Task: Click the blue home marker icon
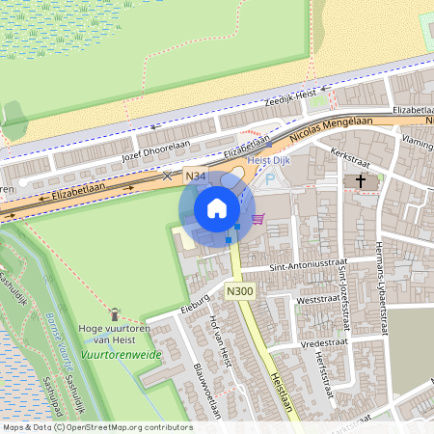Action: (217, 208)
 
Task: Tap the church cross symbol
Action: (362, 180)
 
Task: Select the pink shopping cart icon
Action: (258, 219)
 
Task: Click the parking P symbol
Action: (270, 179)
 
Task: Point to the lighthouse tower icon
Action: (115, 313)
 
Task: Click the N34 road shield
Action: (196, 176)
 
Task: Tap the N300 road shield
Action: (239, 290)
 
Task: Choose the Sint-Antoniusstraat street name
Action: (308, 263)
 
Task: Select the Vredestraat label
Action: (323, 341)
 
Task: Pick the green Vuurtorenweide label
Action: (121, 354)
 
